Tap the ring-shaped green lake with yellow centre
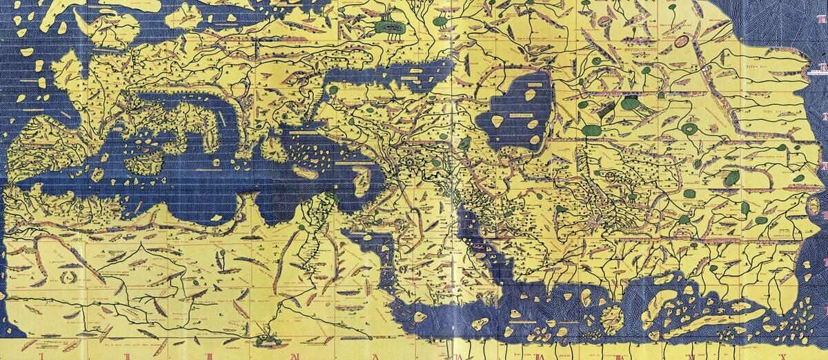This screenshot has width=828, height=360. (689, 128)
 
